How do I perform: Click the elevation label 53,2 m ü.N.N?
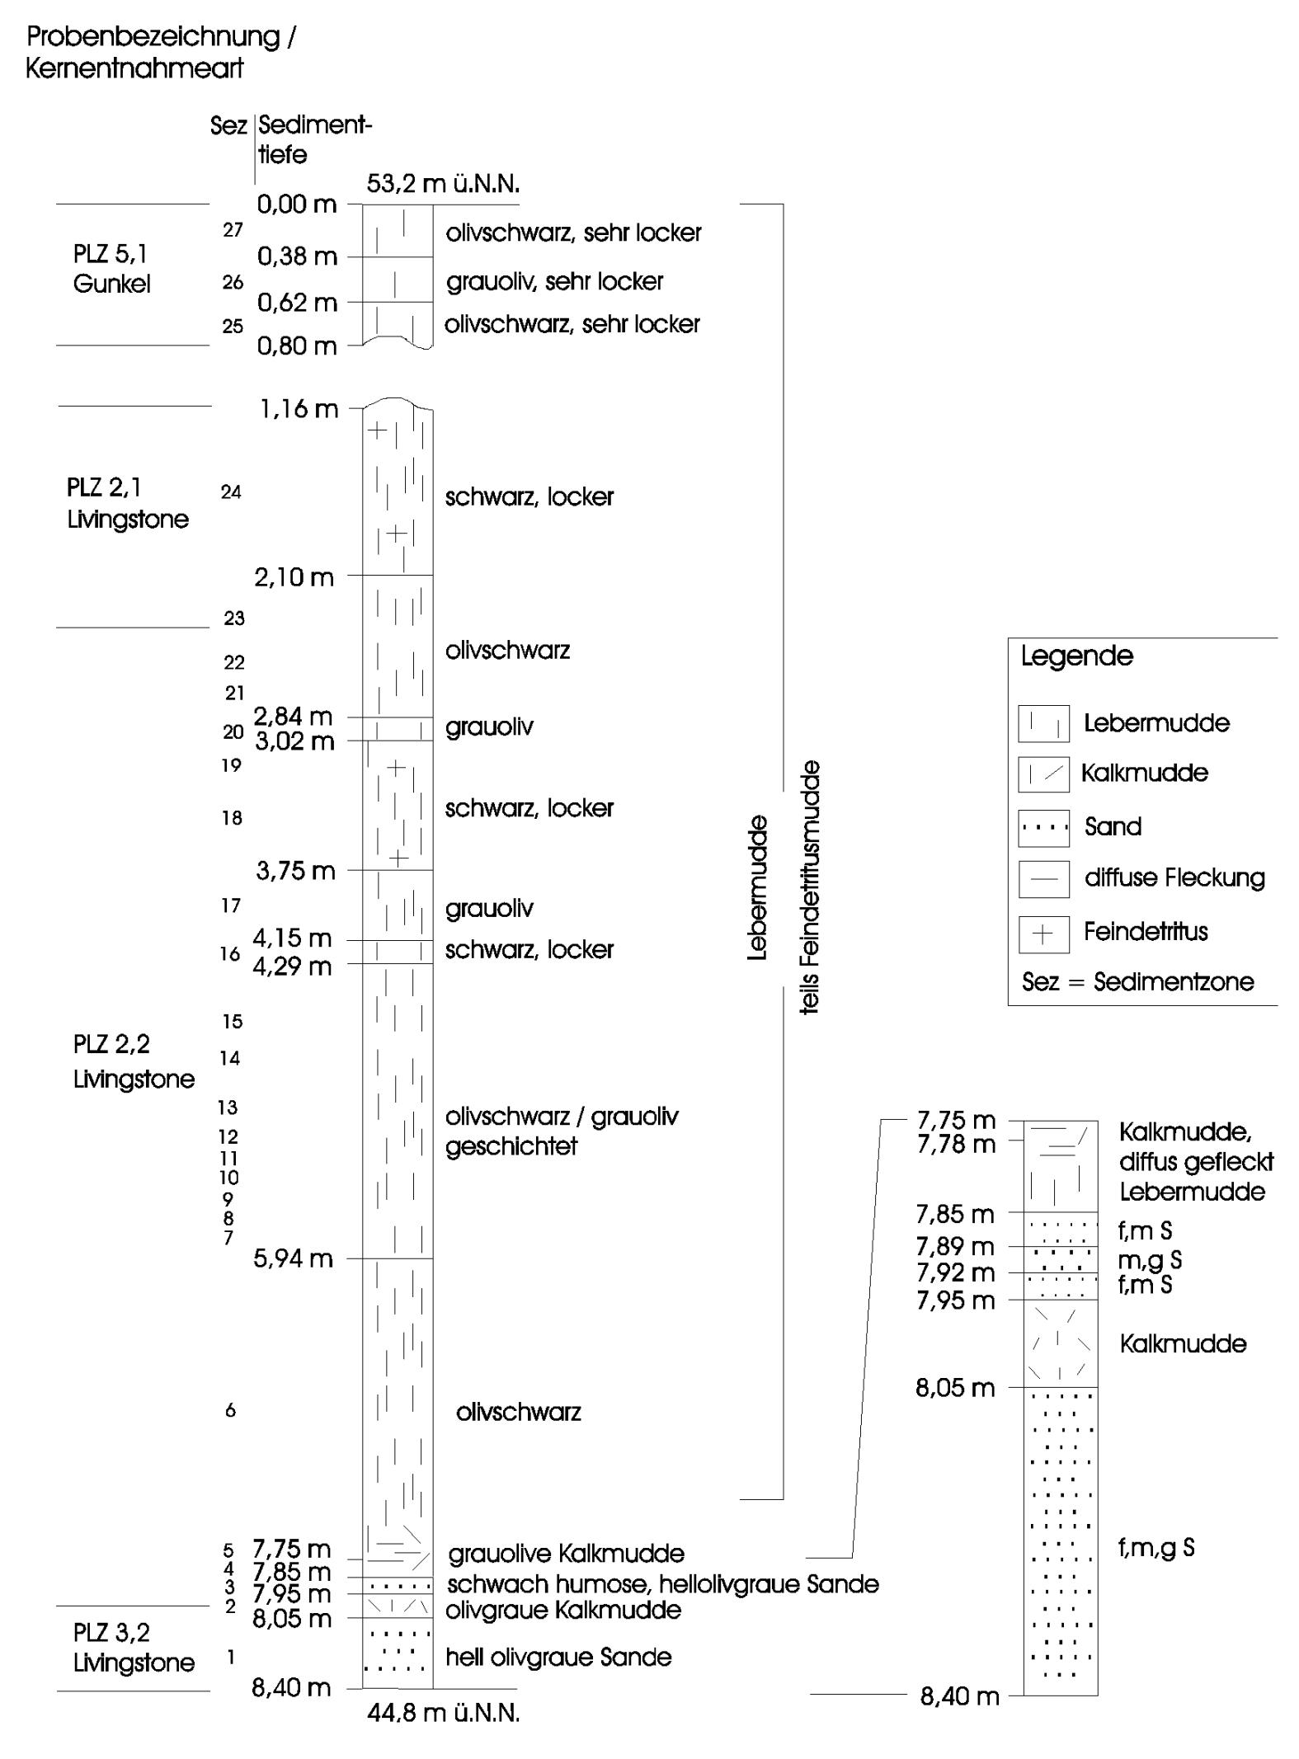(x=443, y=183)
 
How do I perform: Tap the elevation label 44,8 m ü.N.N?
(x=444, y=1713)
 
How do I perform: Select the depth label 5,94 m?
(x=294, y=1258)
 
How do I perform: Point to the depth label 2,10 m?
(x=294, y=577)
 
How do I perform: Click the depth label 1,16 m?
(x=299, y=408)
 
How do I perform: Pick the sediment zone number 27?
(x=233, y=230)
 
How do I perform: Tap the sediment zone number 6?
(x=231, y=1410)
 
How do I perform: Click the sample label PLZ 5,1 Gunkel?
(x=111, y=269)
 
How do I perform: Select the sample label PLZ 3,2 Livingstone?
(x=134, y=1647)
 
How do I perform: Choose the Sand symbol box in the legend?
(x=1043, y=828)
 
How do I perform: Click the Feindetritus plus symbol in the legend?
(x=1043, y=934)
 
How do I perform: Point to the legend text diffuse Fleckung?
(x=1174, y=877)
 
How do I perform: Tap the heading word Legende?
(x=1077, y=656)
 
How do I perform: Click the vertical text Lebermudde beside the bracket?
(x=757, y=887)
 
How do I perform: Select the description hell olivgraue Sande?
(x=558, y=1657)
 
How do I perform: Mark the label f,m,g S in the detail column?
(x=1156, y=1548)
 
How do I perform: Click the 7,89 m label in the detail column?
(x=955, y=1246)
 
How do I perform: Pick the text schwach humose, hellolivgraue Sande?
(x=662, y=1584)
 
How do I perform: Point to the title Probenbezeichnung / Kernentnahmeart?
(x=161, y=52)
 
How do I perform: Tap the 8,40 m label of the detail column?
(x=959, y=1696)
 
